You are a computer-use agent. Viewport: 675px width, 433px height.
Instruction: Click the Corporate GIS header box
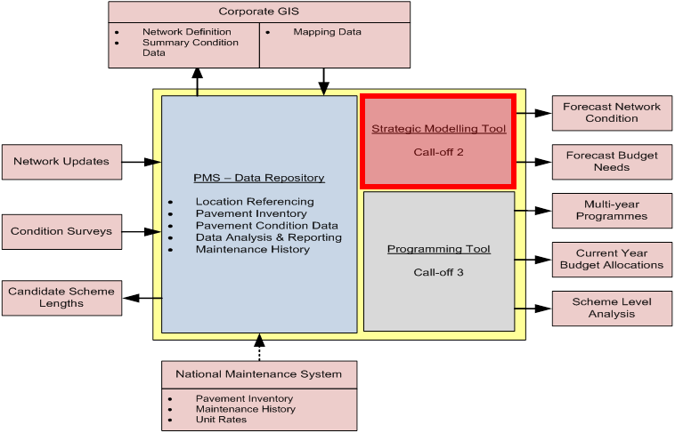259,12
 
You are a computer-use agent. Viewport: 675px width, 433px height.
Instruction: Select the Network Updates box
61,162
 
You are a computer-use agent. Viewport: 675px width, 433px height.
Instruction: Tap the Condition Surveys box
61,231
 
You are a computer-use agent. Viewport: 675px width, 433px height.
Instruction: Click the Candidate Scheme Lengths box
61,297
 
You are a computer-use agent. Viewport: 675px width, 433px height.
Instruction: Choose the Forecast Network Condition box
612,112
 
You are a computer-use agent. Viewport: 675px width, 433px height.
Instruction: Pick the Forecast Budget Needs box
612,161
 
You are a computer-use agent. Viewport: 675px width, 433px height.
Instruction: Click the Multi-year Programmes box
612,210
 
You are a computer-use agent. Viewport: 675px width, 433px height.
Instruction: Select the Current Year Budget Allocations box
612,259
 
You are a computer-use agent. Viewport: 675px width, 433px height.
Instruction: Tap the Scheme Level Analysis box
612,308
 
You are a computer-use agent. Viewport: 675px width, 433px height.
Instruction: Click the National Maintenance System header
258,374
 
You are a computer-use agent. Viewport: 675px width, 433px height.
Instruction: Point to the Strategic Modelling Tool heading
438,129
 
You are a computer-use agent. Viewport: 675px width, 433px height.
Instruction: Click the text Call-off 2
438,152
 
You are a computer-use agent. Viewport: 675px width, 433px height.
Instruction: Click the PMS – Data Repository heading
258,178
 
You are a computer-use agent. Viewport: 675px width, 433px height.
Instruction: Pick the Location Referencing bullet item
255,202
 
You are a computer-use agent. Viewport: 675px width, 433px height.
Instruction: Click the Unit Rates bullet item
221,420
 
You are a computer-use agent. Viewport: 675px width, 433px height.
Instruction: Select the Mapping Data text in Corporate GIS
327,32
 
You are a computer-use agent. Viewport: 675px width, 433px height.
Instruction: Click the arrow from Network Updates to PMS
141,162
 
